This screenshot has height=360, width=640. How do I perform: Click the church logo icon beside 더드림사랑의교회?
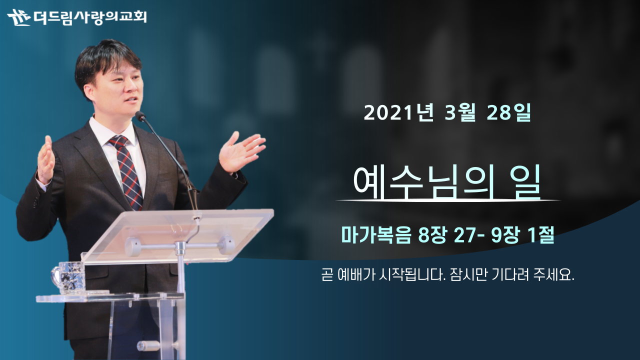[x=19, y=17]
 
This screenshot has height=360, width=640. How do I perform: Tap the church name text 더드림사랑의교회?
[x=90, y=17]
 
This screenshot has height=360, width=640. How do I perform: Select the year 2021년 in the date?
[x=398, y=112]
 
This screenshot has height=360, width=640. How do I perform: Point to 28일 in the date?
[x=508, y=112]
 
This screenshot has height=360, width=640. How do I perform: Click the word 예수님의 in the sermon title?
[x=423, y=181]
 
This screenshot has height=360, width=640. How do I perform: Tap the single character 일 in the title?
[x=527, y=181]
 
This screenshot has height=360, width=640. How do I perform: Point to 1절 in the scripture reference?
[x=541, y=235]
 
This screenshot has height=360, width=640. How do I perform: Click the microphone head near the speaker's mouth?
[x=140, y=115]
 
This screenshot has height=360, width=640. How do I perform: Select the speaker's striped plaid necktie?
[x=127, y=171]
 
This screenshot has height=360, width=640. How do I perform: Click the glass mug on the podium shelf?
[x=68, y=277]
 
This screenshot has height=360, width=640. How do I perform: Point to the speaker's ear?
[x=88, y=93]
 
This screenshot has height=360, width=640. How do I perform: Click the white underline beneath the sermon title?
[x=448, y=200]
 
